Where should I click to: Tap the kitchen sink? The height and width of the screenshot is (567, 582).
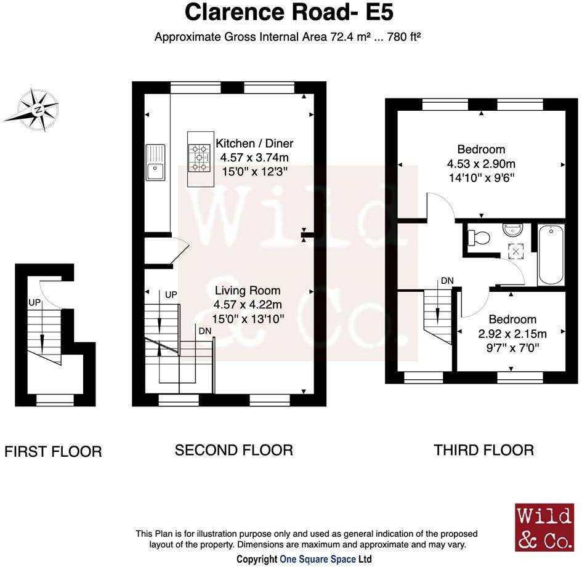coord(155,163)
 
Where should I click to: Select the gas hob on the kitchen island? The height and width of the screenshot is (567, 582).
coord(200,158)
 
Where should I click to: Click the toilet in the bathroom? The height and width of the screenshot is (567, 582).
coord(479,238)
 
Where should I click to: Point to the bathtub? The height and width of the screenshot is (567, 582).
coord(551,254)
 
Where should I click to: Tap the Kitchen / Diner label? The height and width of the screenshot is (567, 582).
coord(254,143)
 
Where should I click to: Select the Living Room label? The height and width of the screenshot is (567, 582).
coord(248,290)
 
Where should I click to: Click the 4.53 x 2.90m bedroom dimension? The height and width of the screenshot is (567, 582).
coord(481,164)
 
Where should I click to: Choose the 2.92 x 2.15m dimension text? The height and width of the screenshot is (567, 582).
coord(512,334)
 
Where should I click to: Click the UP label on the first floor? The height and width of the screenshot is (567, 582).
coord(34,303)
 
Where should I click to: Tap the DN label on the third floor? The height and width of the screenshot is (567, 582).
coord(447,281)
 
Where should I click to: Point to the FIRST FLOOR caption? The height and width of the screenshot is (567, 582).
coord(53,452)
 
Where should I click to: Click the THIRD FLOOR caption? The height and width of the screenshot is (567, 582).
coord(483,450)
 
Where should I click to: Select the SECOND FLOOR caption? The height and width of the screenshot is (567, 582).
coord(234,450)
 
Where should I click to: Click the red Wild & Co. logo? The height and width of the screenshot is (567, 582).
coord(544,527)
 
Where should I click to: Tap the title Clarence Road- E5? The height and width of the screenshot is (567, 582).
coord(289,12)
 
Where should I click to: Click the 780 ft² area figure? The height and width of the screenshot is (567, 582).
coord(404,37)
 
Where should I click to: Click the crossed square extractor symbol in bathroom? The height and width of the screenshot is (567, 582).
coord(516,251)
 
